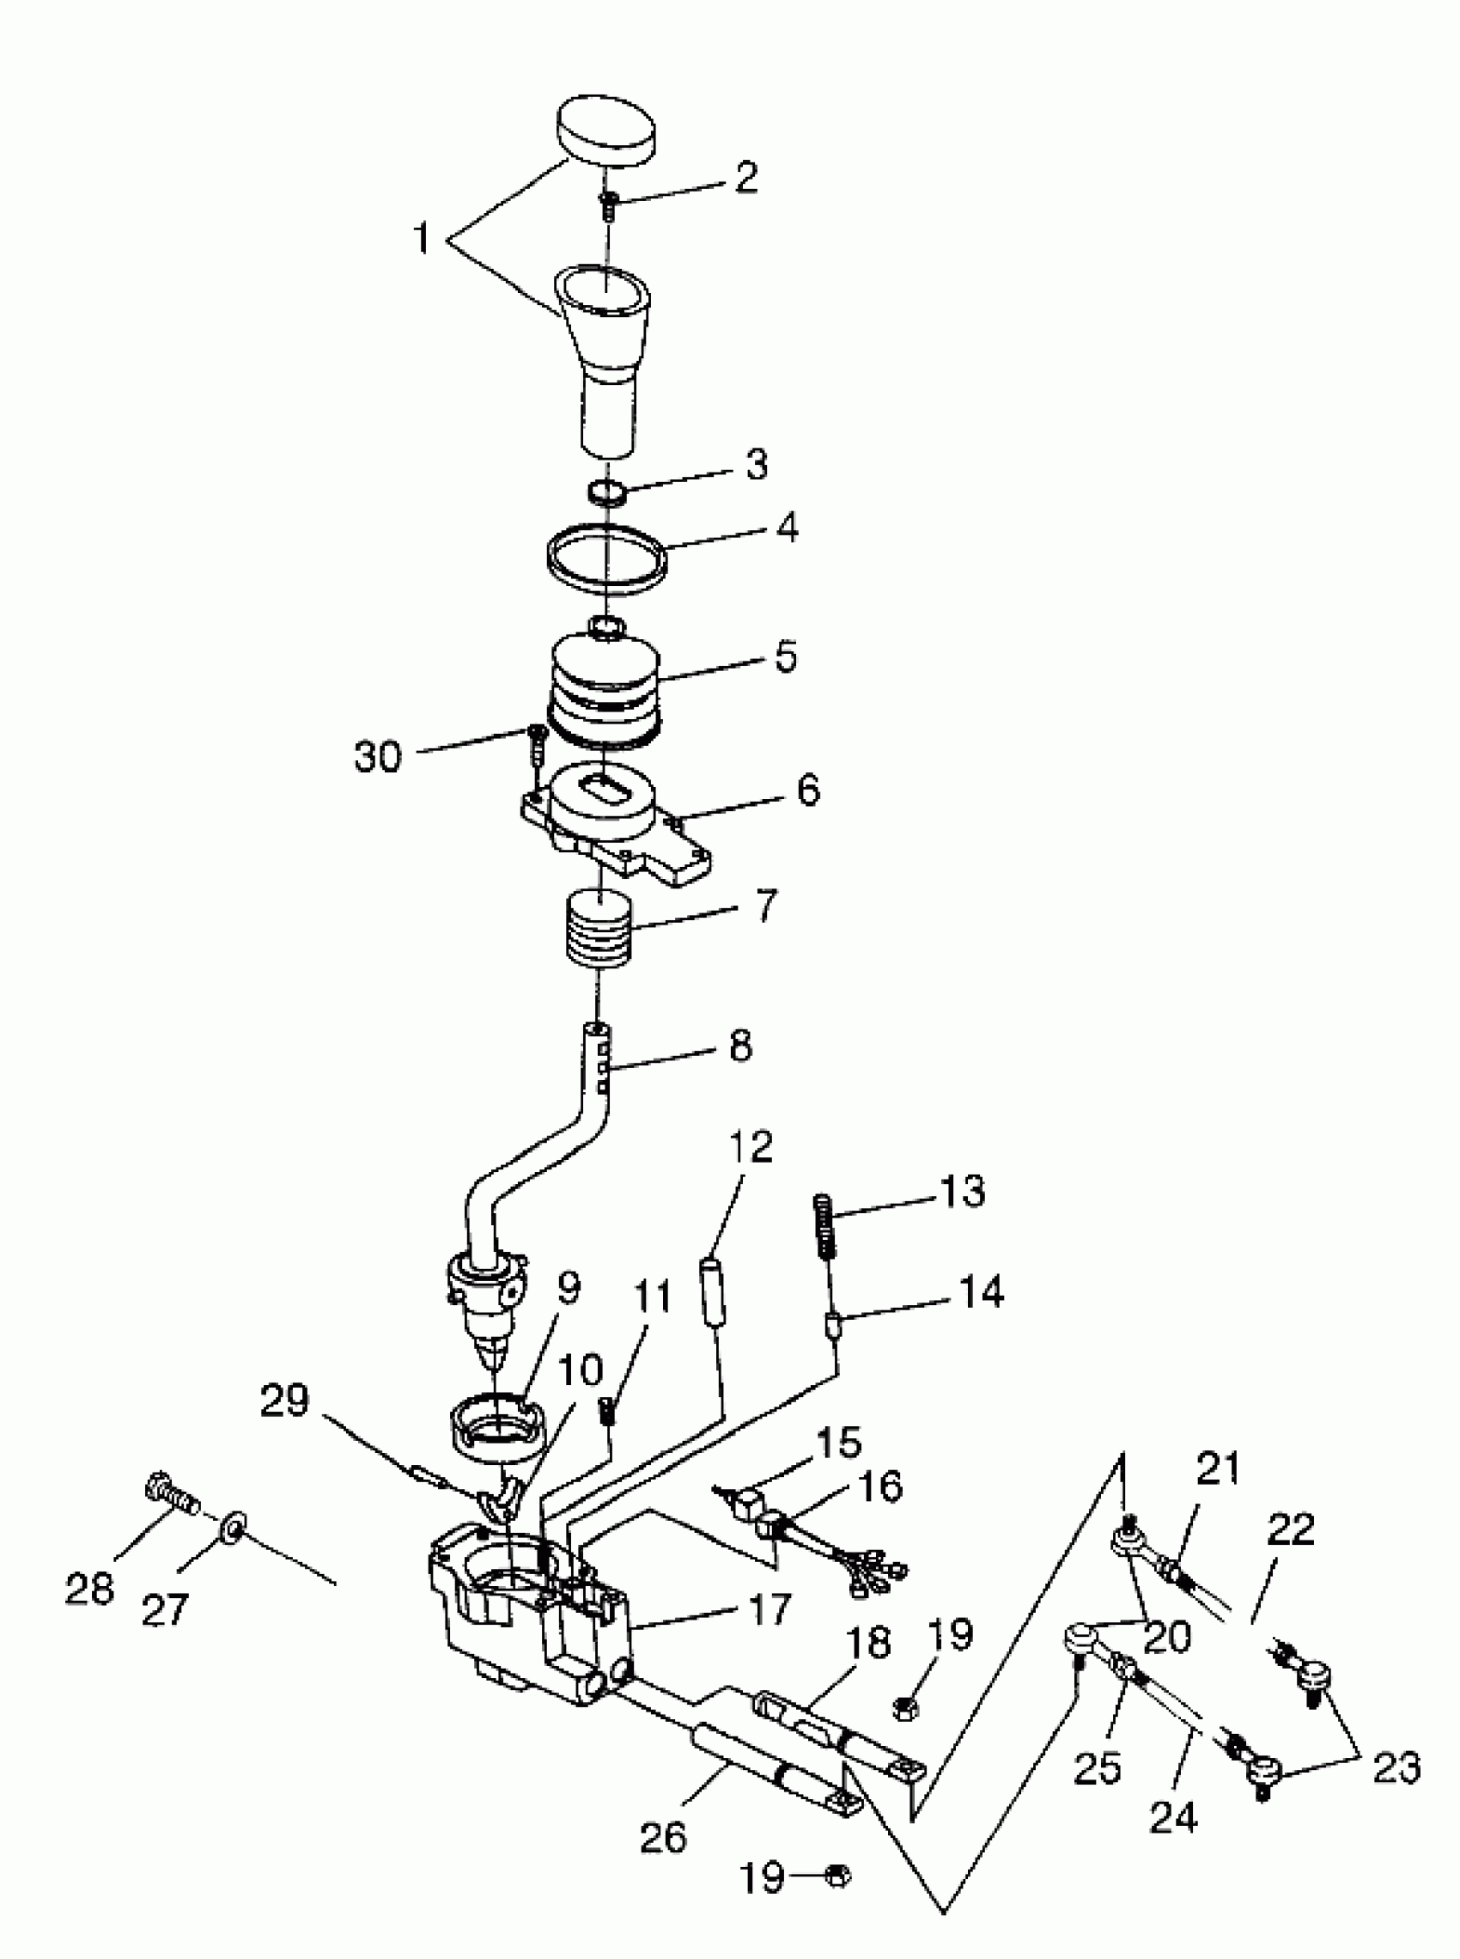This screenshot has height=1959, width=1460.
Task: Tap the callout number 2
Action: [x=745, y=177]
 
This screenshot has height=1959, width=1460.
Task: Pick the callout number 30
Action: [x=378, y=758]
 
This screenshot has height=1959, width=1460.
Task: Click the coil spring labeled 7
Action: [x=599, y=930]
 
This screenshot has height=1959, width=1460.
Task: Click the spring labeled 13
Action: [x=824, y=1227]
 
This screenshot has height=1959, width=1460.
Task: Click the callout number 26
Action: [x=663, y=1838]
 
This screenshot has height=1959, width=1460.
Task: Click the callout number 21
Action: [x=1218, y=1469]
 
